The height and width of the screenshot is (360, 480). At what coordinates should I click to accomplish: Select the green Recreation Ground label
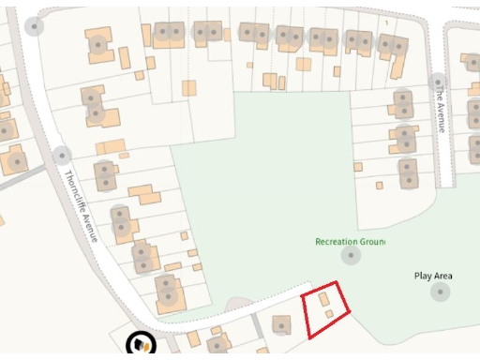350,242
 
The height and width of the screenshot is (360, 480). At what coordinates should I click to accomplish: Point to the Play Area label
433,276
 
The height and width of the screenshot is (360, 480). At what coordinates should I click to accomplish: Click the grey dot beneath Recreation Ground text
351,255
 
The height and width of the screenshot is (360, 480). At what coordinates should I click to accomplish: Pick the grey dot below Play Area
441,292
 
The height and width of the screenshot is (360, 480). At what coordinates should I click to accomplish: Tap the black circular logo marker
142,344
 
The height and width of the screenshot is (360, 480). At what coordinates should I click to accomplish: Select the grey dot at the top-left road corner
35,26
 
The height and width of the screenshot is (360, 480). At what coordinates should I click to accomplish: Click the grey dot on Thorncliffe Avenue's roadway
62,155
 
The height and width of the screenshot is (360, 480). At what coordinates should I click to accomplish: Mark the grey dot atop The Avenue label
437,83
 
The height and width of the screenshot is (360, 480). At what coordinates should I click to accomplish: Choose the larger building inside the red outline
323,298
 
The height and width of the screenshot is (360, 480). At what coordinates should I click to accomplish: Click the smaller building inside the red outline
328,314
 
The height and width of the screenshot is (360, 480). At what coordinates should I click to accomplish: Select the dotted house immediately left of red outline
280,325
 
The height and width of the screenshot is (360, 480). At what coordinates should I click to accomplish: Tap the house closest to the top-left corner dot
98,44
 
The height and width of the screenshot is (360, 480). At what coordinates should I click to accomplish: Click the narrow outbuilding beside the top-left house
125,57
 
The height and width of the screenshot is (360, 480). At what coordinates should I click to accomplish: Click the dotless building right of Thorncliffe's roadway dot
110,147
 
